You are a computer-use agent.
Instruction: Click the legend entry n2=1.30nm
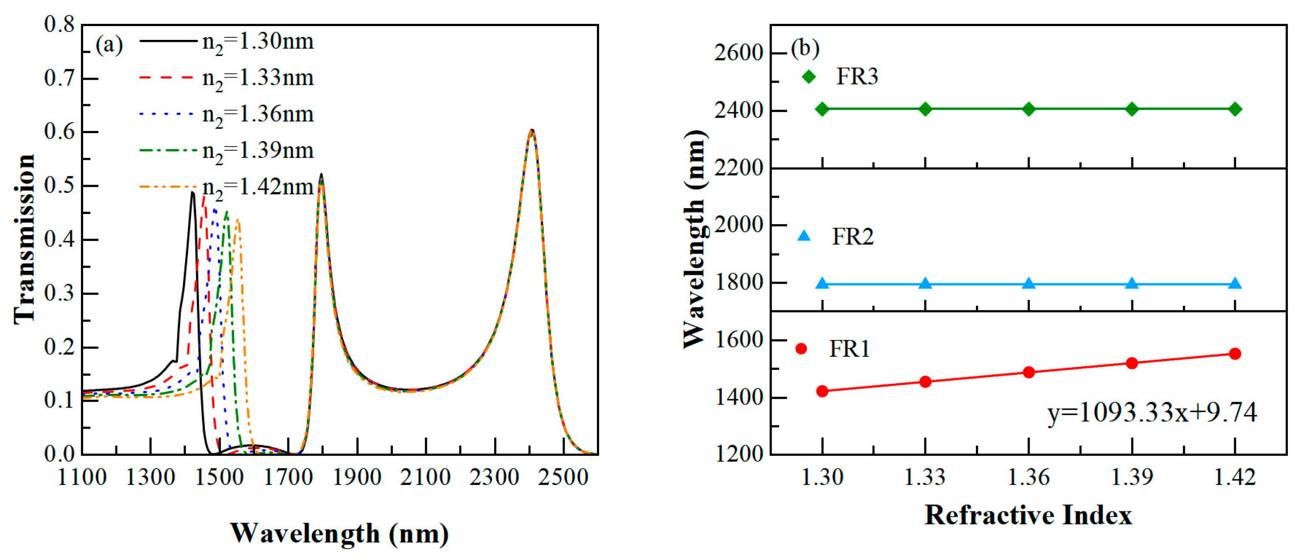tap(257, 42)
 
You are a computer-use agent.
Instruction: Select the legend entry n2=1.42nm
tap(257, 187)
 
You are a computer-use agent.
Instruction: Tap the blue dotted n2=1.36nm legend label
tap(257, 114)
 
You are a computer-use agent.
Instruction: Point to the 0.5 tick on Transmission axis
tap(59, 185)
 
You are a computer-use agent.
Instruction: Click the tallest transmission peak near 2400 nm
tap(531, 131)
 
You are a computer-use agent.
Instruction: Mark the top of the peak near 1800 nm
tap(321, 175)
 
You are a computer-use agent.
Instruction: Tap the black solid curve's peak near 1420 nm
tap(192, 192)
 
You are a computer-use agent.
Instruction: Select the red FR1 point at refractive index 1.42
tap(1235, 354)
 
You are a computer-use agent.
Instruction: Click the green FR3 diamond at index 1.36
tap(1029, 109)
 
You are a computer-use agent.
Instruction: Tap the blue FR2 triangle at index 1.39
tap(1132, 283)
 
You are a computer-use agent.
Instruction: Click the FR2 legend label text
tap(853, 237)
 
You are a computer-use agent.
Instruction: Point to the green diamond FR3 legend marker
tap(808, 77)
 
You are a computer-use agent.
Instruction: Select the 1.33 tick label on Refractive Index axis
tap(925, 477)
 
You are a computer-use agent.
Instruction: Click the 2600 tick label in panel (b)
tap(738, 53)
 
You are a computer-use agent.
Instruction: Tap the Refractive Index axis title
tap(1028, 516)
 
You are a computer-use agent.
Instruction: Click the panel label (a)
tap(109, 46)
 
